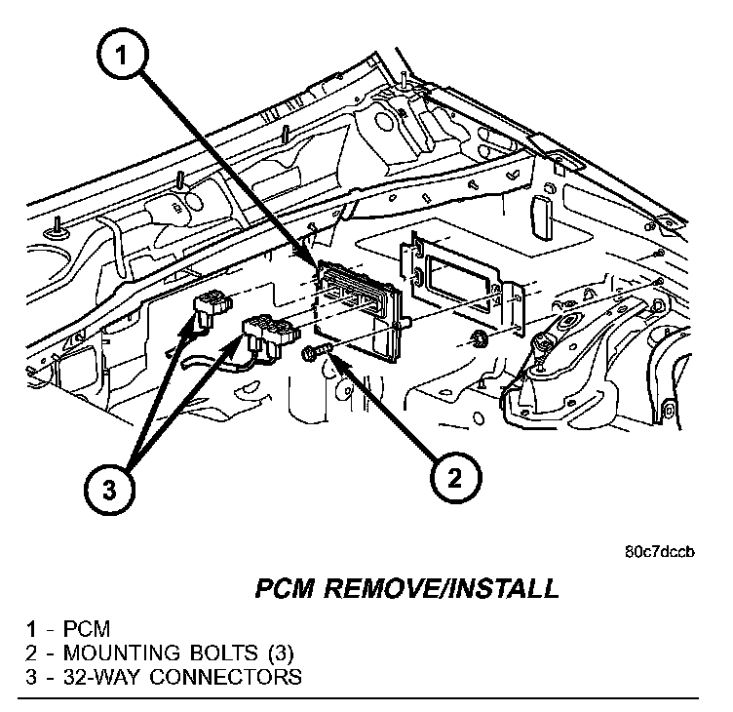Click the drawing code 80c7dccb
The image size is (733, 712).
click(x=660, y=553)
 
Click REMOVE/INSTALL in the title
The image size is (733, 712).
click(x=444, y=589)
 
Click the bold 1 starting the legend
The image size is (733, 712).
click(x=32, y=629)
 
